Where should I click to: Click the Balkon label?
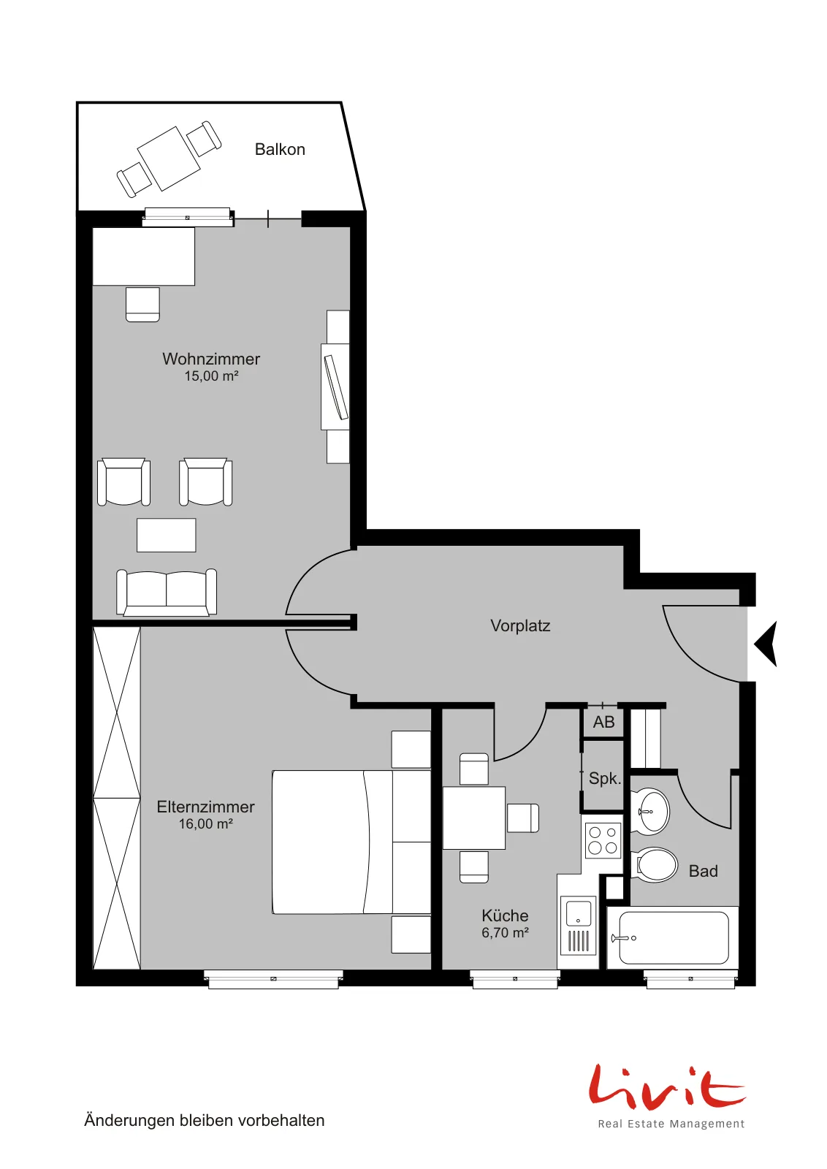(x=280, y=149)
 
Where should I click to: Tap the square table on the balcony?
(x=169, y=159)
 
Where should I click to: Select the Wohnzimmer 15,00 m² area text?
(x=211, y=376)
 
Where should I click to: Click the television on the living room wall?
(x=336, y=387)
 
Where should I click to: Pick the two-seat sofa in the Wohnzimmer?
(x=167, y=593)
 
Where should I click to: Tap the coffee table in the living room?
(x=167, y=535)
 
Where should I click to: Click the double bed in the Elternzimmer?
(x=351, y=842)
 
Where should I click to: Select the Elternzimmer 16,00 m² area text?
(x=205, y=823)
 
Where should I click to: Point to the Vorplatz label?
(x=520, y=625)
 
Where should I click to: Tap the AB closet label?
(x=603, y=723)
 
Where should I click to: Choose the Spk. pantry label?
(x=605, y=779)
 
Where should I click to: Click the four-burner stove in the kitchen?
(x=603, y=840)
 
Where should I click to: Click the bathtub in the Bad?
(x=673, y=938)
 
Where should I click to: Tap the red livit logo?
(x=667, y=1088)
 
